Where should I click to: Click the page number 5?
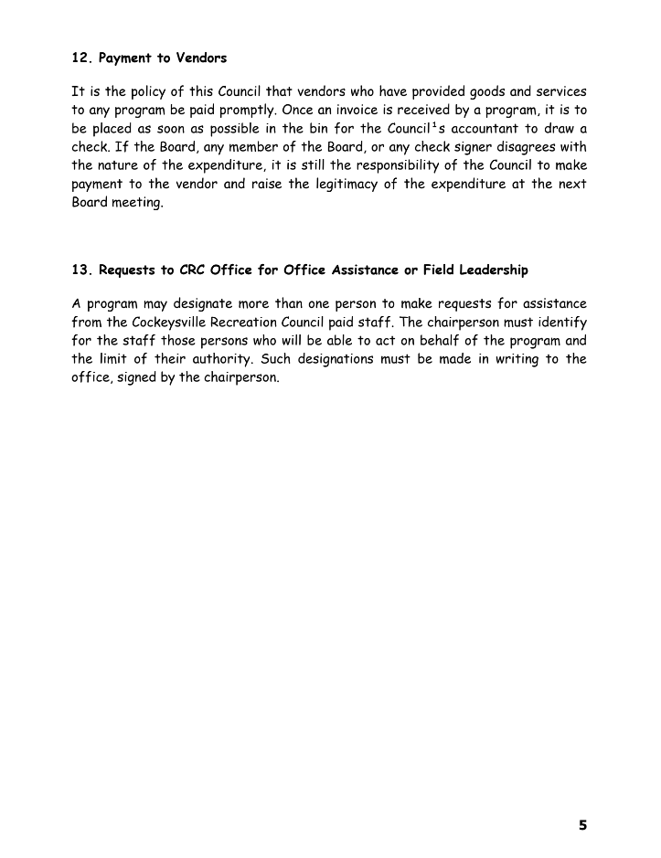tap(582, 825)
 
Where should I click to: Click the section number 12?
tap(81, 58)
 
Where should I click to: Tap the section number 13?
tap(81, 270)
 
